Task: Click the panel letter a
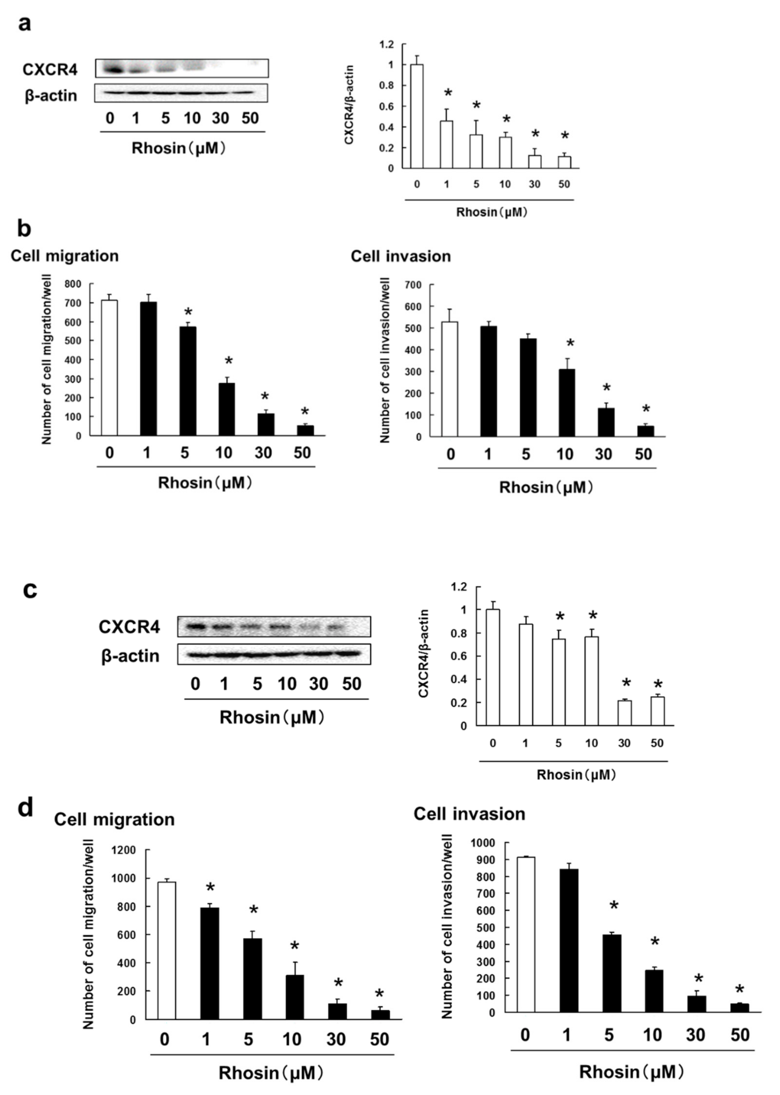coord(24,23)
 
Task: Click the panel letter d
coord(25,809)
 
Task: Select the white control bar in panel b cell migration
coord(110,367)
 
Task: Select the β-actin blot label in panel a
coord(51,96)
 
